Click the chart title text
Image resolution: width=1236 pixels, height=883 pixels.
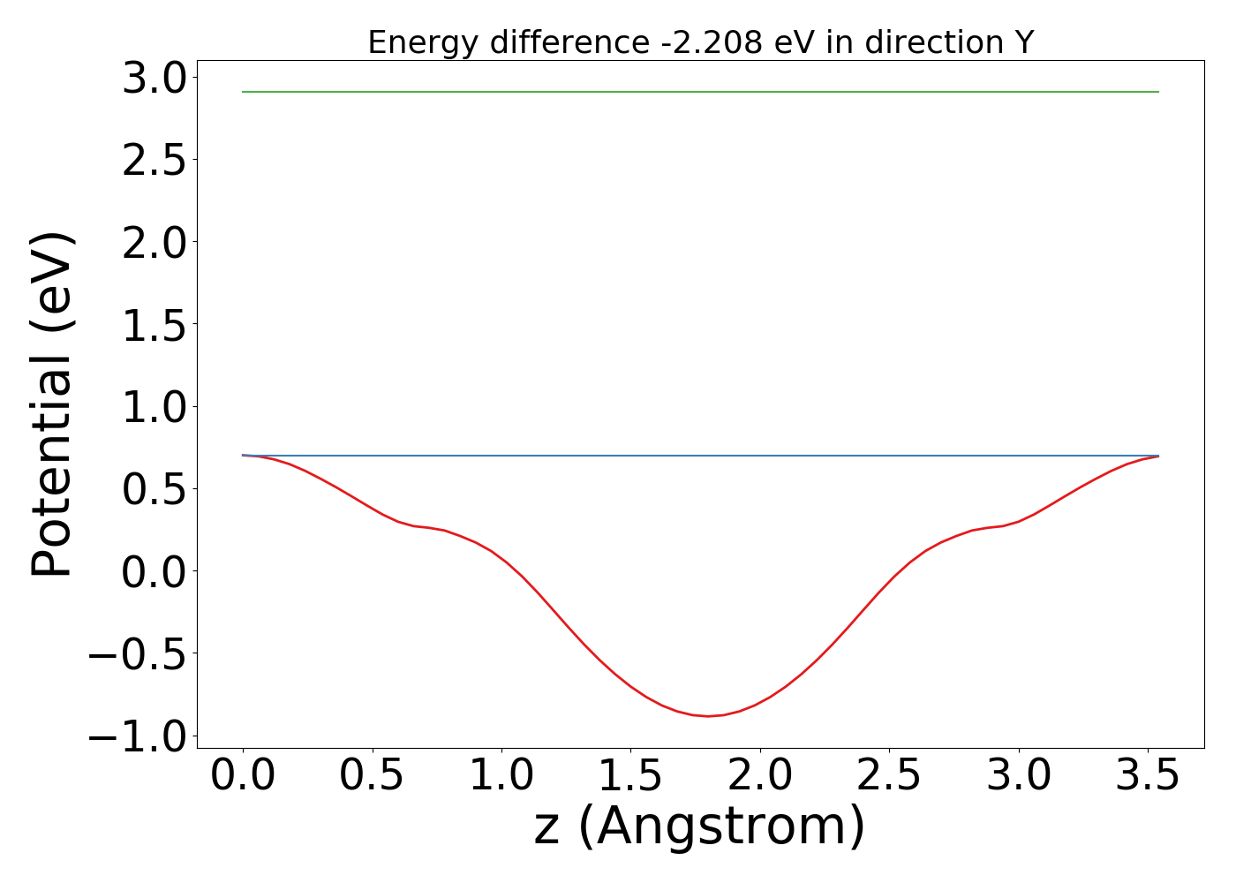(700, 42)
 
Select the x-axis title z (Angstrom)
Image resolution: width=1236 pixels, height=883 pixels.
(700, 826)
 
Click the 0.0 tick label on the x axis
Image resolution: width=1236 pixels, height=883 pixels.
(243, 775)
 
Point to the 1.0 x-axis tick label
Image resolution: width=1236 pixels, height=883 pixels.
(501, 775)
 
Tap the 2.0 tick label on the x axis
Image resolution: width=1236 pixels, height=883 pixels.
(760, 775)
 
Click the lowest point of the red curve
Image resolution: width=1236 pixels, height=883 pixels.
(708, 716)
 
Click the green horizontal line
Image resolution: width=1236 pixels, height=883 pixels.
(700, 92)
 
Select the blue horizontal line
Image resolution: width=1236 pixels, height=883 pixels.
(700, 456)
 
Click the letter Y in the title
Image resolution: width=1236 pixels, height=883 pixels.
(1023, 42)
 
